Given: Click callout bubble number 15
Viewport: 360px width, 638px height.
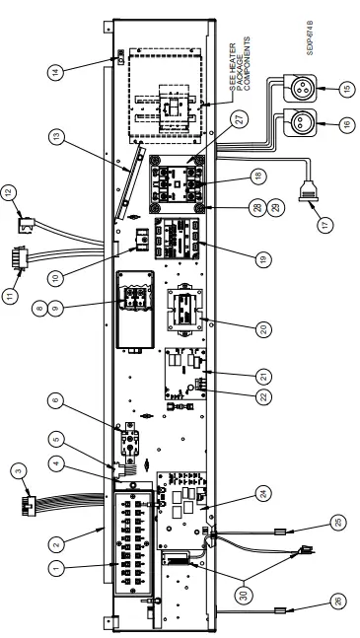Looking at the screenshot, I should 346,90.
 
